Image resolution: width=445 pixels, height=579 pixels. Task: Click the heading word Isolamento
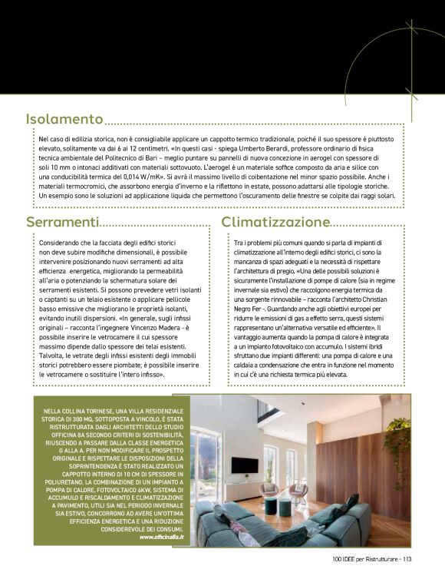tap(64, 119)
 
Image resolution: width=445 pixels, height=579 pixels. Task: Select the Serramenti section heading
tap(63, 222)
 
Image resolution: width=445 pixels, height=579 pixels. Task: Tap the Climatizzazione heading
tap(275, 222)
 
